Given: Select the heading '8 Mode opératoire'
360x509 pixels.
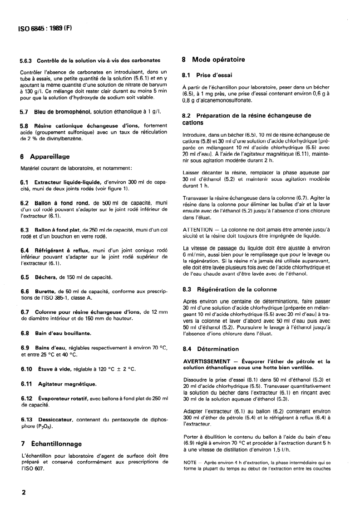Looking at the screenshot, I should pyautogui.click(x=213, y=59).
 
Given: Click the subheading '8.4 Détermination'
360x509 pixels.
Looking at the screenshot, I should pyautogui.click(x=210, y=349).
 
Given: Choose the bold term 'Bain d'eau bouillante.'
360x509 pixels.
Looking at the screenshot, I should pyautogui.click(x=63, y=333).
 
